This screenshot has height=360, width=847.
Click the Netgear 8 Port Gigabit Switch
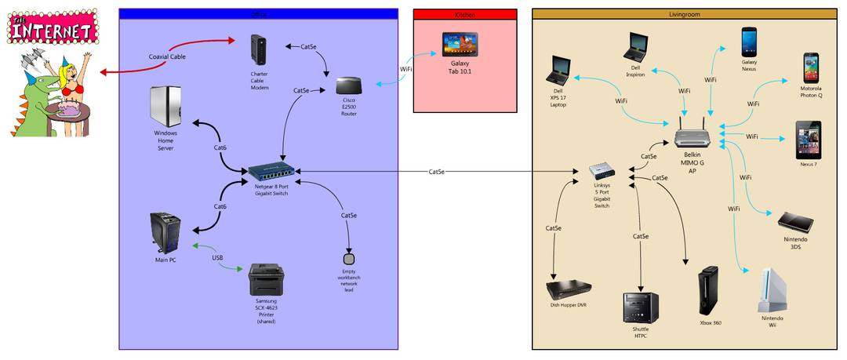271,171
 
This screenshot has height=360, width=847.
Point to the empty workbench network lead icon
350,258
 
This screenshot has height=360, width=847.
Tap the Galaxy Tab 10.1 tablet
460,43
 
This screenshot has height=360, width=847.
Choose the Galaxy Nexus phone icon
750,40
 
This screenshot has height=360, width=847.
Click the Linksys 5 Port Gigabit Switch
602,170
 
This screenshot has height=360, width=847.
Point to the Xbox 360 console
709,290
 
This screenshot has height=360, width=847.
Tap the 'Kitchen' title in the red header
464,14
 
